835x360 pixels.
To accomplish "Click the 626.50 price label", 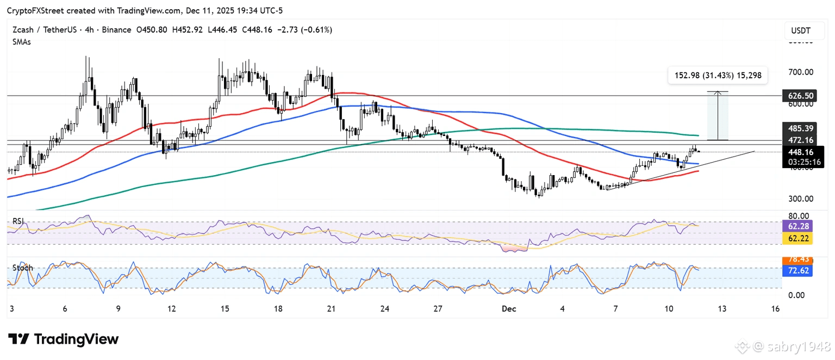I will pos(801,96).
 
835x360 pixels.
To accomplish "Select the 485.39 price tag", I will pos(801,128).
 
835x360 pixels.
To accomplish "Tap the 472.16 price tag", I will pos(801,140).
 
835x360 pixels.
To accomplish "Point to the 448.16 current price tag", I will pos(801,152).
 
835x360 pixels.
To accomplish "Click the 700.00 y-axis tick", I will pos(801,72).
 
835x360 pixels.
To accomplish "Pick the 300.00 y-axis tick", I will pos(801,199).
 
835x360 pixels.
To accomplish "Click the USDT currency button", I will pos(801,31).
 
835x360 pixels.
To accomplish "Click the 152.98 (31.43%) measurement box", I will pos(718,76).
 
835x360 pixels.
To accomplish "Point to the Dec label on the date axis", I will pos(509,309).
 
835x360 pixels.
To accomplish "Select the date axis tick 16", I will pos(775,309).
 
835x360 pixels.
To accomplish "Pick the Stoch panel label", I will pos(23,268).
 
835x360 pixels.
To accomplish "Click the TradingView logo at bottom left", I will pos(63,339).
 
